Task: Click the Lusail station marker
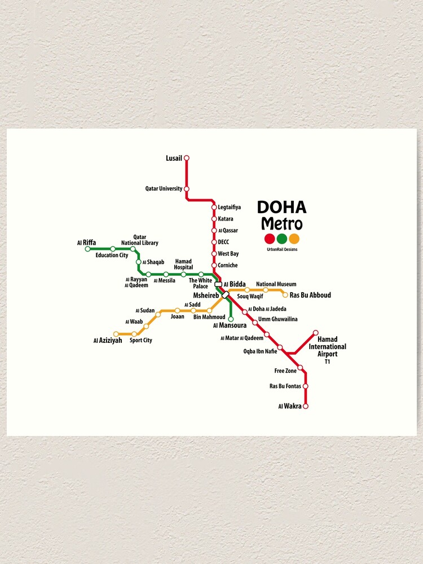click(187, 158)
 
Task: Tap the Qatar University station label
click(164, 189)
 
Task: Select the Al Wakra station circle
click(306, 406)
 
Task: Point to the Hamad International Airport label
click(327, 347)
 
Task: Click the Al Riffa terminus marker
click(87, 249)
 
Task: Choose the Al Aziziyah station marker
click(116, 334)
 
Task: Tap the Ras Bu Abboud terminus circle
click(285, 295)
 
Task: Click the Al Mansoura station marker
click(231, 319)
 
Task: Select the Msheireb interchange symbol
click(225, 295)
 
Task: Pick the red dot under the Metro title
click(270, 239)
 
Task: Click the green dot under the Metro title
click(282, 239)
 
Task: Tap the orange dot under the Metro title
click(294, 239)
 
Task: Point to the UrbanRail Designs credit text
click(282, 249)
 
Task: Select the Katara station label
click(225, 219)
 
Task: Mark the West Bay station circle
click(214, 254)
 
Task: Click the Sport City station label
click(141, 341)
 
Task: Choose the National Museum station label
click(276, 284)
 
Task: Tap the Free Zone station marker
click(300, 368)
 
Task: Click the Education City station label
click(112, 255)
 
